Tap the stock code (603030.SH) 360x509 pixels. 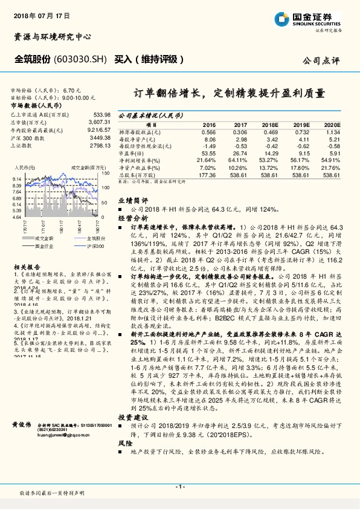(x=80, y=59)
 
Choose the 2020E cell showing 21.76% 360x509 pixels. (x=331, y=167)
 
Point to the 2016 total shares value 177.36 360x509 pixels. (x=207, y=174)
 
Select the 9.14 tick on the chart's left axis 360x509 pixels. (x=16, y=180)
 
